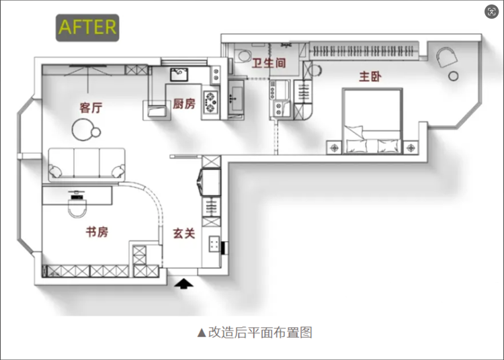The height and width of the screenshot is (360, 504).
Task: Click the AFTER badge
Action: (87, 28)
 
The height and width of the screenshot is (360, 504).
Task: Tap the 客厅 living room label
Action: (91, 108)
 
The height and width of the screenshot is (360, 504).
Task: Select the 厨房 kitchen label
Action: (184, 103)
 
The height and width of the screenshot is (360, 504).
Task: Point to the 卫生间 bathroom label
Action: (269, 63)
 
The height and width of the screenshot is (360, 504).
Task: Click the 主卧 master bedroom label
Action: (370, 77)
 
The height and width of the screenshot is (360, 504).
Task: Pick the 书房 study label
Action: (97, 232)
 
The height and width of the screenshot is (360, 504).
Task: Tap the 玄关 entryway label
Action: (184, 234)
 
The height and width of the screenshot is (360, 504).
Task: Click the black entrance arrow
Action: (183, 284)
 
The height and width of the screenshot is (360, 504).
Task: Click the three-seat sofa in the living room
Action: (87, 165)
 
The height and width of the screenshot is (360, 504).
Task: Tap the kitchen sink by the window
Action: (179, 75)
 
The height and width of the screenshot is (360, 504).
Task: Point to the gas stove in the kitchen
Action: (210, 102)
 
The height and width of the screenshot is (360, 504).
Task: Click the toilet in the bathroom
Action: (243, 56)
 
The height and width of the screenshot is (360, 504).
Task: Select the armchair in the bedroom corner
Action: (447, 57)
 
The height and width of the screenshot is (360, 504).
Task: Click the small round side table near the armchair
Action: (453, 76)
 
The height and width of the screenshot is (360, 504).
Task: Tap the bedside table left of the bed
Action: (335, 148)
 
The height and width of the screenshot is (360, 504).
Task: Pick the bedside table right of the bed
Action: (411, 148)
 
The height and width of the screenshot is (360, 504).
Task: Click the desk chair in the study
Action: (77, 205)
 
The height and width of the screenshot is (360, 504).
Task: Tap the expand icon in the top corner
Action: (491, 12)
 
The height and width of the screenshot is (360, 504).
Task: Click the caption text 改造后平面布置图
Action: (260, 332)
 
